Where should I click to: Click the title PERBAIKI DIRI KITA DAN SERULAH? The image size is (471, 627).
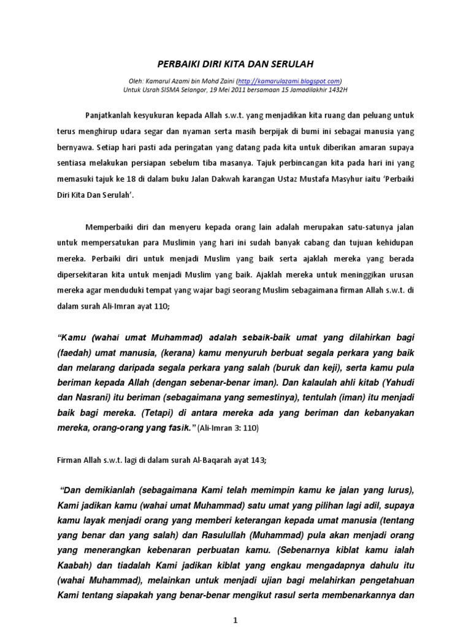[x=235, y=63]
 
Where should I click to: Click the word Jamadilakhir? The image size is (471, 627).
[x=298, y=88]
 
